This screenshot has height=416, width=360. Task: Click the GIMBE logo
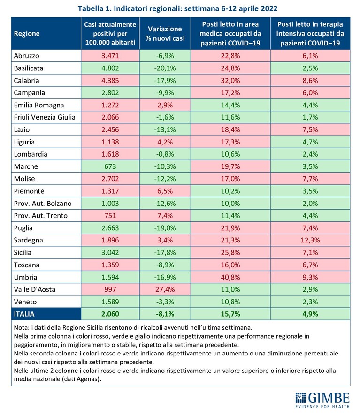322,400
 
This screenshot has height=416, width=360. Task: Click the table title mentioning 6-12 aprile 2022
177,8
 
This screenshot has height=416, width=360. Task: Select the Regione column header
27,34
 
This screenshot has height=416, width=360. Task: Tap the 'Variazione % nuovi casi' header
165,33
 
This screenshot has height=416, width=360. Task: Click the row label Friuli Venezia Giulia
45,117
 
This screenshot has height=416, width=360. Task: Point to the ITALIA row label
24,314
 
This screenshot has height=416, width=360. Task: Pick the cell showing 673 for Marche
110,166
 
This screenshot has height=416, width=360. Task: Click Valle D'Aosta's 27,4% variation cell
165,289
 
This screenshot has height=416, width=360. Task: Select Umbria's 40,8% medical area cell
230,277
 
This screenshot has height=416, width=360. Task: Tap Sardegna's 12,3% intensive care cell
310,240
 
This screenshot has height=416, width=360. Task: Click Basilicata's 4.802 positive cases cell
110,68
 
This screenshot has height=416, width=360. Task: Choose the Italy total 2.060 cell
110,314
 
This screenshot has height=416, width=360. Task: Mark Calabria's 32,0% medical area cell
230,80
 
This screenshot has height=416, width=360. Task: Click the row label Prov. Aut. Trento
41,216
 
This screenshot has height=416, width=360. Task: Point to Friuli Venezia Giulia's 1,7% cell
310,117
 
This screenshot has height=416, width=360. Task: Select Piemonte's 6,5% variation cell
165,191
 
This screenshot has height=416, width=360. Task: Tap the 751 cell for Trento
110,216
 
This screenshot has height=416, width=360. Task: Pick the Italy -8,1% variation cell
165,314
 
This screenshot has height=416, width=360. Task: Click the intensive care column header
310,33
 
